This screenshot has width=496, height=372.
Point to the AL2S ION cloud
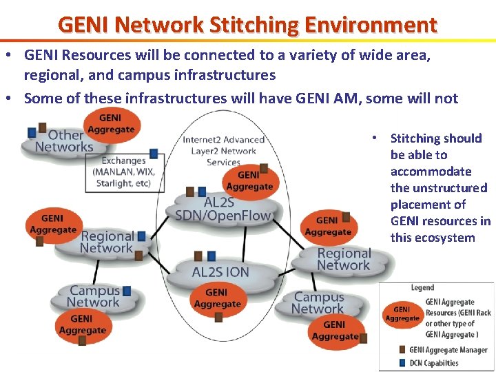(220, 271)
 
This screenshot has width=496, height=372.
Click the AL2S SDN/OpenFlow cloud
(223, 209)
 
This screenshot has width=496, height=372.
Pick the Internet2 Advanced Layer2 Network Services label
(223, 151)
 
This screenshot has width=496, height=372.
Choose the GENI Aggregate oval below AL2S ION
(217, 298)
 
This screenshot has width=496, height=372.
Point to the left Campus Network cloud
(94, 296)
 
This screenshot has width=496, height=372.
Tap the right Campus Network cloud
(319, 302)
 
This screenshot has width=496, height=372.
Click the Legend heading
(422, 287)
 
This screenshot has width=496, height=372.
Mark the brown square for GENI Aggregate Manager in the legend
(402, 350)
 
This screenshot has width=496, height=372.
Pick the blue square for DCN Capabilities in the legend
(402, 362)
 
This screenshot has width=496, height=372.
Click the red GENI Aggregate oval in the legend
(402, 314)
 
